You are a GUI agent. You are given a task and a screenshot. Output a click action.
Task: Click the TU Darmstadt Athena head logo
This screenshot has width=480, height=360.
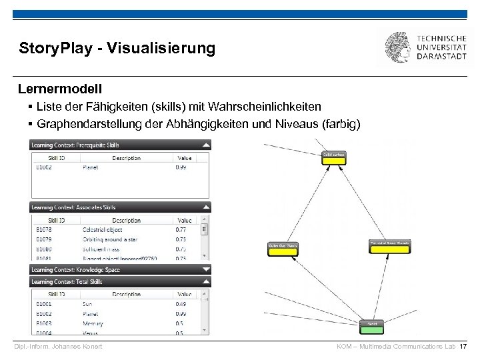(x=399, y=48)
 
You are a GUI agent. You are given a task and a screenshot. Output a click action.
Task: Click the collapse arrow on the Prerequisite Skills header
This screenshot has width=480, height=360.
(x=206, y=144)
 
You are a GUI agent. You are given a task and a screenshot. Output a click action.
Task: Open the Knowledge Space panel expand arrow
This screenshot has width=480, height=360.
(x=206, y=270)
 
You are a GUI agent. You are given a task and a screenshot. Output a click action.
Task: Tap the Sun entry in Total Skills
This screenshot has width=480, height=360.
(x=88, y=304)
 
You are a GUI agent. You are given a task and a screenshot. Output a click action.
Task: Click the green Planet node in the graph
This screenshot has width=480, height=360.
(x=371, y=327)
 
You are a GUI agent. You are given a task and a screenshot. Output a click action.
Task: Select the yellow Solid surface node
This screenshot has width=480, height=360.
(x=333, y=158)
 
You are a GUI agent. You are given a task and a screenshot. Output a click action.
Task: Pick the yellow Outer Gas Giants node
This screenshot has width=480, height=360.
(x=283, y=248)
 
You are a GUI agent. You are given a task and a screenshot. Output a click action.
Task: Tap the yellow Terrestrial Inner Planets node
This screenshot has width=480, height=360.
(x=388, y=247)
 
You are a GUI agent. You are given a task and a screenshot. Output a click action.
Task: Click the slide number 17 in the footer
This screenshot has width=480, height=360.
(x=463, y=347)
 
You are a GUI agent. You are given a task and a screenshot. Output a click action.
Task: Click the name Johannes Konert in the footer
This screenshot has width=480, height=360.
(x=78, y=347)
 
